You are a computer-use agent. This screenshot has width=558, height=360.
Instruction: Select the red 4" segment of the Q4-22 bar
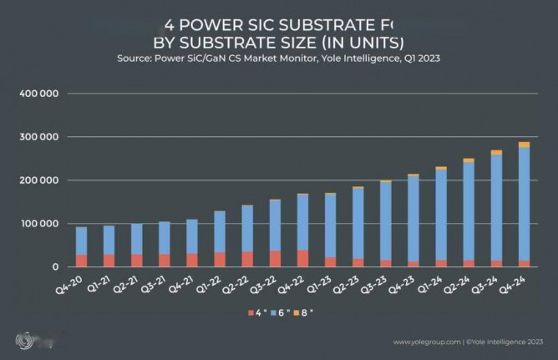coord(302,258)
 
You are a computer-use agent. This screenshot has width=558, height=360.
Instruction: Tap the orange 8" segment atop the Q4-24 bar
coord(524,145)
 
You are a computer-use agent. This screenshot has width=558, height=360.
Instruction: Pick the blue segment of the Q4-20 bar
coord(81,241)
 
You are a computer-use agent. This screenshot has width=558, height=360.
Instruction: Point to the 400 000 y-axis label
coord(38,94)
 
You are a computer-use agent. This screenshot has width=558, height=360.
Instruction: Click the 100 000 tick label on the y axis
coord(38,224)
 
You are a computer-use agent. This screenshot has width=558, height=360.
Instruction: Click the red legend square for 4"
coord(250,312)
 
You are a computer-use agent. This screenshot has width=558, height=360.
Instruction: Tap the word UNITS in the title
coord(369,41)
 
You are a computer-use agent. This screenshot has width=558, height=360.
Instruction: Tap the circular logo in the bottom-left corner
coord(25,341)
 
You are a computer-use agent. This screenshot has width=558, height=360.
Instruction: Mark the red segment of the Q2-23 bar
coord(358,262)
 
